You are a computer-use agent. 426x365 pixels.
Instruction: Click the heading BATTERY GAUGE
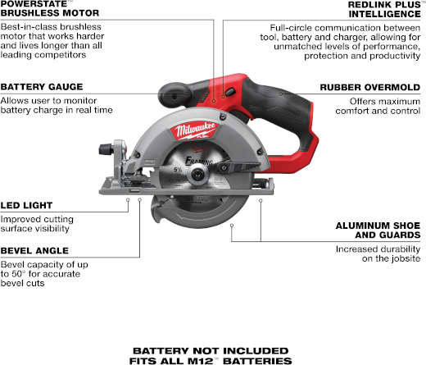[42, 87]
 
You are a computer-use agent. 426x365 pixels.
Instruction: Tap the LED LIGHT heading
[26, 205]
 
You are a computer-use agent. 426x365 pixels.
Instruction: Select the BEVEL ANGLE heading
[34, 251]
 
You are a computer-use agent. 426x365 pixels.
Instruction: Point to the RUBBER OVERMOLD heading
[370, 88]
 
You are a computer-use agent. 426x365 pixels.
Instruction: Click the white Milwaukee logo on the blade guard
[194, 130]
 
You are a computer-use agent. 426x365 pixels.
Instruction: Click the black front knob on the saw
[106, 149]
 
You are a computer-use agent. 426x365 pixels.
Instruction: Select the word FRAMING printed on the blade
[199, 161]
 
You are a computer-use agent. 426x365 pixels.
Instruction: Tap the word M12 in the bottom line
[202, 361]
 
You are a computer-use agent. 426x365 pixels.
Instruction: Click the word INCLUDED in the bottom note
[256, 351]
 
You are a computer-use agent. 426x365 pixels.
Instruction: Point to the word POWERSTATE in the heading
[34, 4]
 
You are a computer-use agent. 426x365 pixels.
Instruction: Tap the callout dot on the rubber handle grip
[281, 94]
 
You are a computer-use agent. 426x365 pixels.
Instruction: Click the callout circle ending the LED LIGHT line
[128, 200]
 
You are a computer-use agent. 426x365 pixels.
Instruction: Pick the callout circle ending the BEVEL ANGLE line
[139, 200]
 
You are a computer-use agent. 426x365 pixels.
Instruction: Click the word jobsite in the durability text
[406, 258]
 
